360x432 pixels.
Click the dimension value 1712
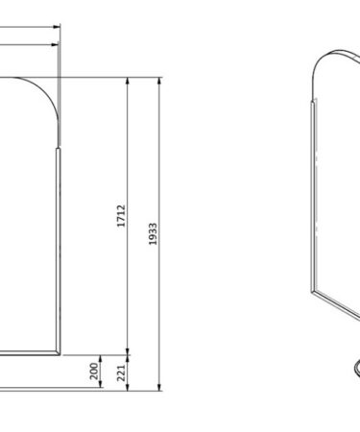tap(121, 216)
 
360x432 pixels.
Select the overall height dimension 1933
tap(153, 234)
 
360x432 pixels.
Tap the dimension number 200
tap(94, 372)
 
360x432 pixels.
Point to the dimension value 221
tap(121, 372)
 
